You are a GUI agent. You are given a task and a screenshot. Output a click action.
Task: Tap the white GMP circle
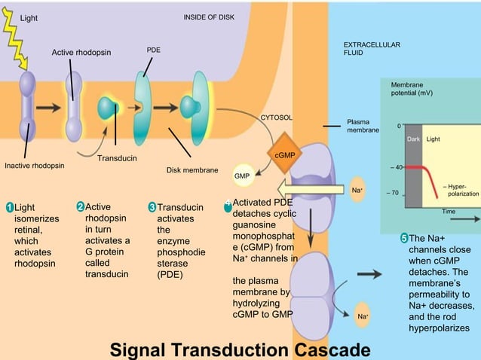(242, 175)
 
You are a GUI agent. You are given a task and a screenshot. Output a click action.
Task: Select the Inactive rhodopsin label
(34, 165)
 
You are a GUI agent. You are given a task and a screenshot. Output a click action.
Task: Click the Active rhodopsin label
(81, 52)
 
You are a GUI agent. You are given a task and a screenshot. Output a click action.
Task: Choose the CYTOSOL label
(276, 118)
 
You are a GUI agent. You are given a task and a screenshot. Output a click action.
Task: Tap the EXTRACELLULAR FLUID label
(372, 50)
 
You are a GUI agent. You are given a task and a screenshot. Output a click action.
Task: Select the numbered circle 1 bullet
(8, 207)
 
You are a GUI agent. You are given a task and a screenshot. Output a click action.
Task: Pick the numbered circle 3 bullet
(152, 207)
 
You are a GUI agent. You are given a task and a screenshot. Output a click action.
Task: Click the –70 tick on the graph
(392, 193)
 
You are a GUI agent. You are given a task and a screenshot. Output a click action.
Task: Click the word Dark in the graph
(413, 139)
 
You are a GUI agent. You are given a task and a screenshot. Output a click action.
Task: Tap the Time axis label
(449, 212)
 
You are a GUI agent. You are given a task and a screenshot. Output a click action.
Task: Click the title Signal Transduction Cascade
(240, 349)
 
